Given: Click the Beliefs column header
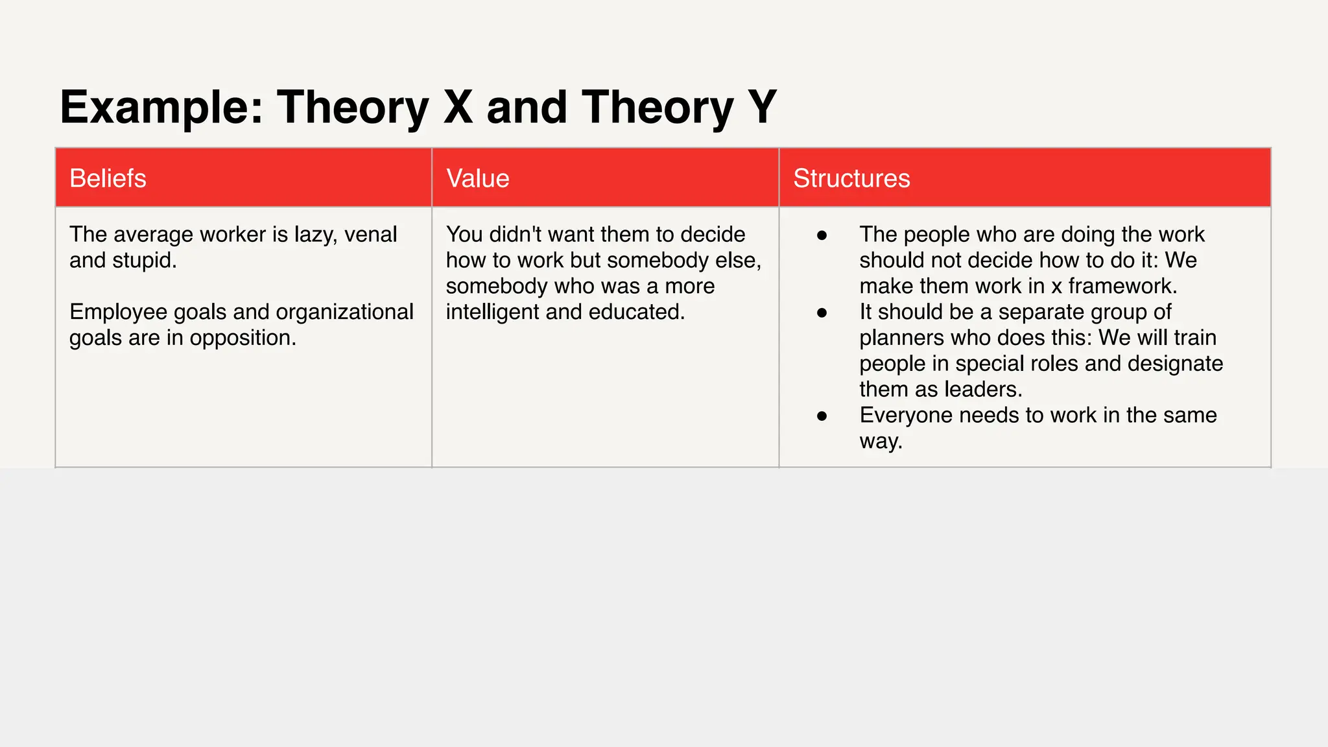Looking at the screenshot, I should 108,178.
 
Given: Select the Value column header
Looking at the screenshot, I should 478,178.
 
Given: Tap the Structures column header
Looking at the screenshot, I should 851,178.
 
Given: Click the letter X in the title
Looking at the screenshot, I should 458,106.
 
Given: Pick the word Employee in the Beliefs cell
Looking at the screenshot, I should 119,312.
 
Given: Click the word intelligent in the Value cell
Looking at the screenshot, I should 493,312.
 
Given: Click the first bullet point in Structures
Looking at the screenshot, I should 822,235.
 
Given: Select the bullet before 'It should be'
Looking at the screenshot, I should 822,313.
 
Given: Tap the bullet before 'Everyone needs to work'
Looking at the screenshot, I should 822,416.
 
